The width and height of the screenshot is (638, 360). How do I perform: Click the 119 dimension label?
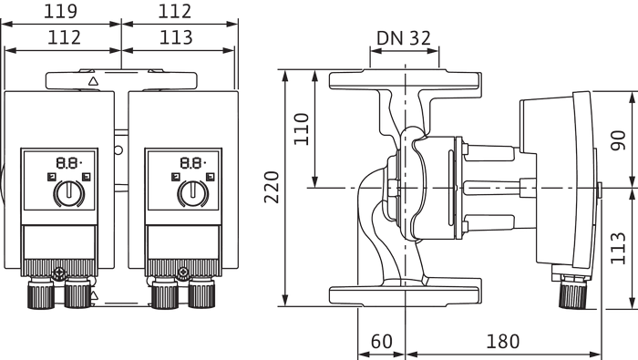click(60, 11)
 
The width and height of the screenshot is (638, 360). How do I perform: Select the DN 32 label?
click(403, 38)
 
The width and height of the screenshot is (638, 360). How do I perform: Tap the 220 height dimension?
click(272, 187)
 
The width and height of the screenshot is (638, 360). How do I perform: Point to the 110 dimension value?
click(302, 129)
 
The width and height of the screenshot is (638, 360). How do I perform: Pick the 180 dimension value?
click(503, 342)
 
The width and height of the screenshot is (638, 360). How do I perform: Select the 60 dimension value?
click(381, 342)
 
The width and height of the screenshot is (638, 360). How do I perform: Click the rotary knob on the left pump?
click(68, 193)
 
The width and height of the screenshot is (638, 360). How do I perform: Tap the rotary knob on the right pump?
click(193, 193)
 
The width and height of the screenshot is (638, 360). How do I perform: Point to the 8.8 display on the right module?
click(192, 163)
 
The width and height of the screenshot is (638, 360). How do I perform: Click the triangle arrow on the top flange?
click(94, 81)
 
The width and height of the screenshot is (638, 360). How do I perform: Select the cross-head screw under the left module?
click(59, 272)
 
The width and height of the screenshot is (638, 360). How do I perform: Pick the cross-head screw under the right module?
click(183, 272)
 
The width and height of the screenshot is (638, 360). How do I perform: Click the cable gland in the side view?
click(573, 293)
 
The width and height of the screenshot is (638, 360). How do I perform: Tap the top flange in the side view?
click(406, 80)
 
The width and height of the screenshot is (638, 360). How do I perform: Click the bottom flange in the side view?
click(406, 295)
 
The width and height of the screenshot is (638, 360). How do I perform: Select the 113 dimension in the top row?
click(176, 37)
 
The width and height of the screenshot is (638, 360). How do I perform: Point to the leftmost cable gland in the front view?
click(41, 292)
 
